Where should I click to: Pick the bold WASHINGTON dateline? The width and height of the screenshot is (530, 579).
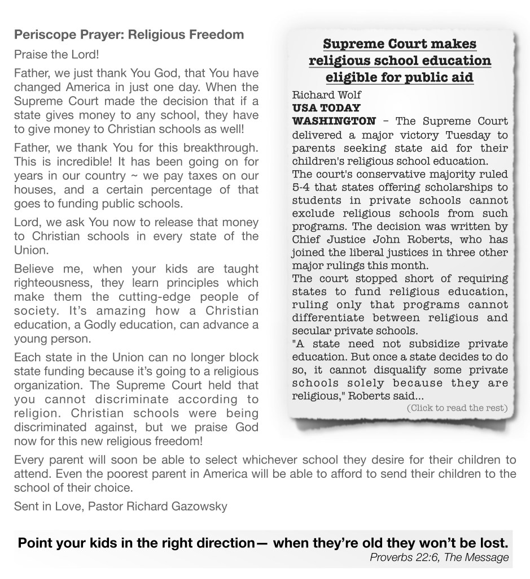(x=334, y=121)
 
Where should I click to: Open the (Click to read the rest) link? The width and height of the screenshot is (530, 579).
(x=457, y=408)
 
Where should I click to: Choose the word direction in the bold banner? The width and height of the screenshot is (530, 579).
(x=220, y=543)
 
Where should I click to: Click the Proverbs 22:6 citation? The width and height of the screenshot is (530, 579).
(x=401, y=558)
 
